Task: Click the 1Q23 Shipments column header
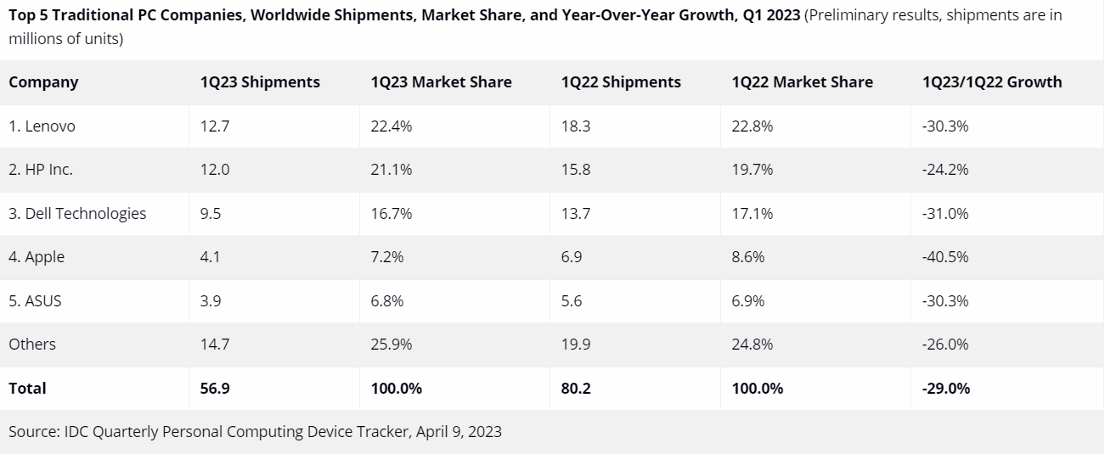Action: click(260, 82)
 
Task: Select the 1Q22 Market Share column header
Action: click(802, 82)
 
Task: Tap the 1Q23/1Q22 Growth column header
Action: click(991, 82)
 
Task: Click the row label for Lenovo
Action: click(42, 126)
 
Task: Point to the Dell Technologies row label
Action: click(77, 214)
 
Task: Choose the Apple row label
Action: click(37, 257)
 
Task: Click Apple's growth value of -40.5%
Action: click(945, 257)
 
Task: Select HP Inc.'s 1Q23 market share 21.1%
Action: click(392, 170)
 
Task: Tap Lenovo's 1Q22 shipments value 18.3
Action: click(576, 126)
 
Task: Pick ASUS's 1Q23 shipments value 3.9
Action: click(210, 301)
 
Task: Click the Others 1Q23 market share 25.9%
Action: click(392, 345)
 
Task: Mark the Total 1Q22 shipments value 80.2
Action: click(576, 389)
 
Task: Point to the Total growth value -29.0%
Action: click(945, 389)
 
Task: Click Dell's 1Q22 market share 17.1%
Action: click(753, 214)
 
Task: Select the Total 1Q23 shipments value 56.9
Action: click(215, 389)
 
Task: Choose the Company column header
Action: click(43, 82)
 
